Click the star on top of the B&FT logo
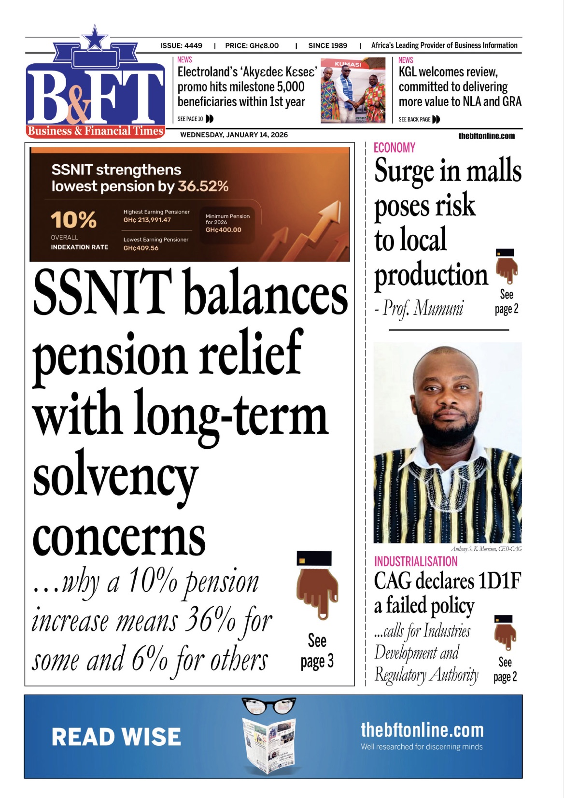(95, 38)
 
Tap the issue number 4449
(193, 45)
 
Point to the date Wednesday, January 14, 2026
(234, 135)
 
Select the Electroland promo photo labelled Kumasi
(353, 90)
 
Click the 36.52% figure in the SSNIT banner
(203, 186)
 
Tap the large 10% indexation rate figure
(73, 220)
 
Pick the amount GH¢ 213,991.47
(147, 220)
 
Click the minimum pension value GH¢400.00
(223, 230)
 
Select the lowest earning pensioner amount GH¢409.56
(141, 248)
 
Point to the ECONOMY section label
(395, 148)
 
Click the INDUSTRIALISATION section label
(416, 561)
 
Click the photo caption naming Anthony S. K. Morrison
(486, 549)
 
